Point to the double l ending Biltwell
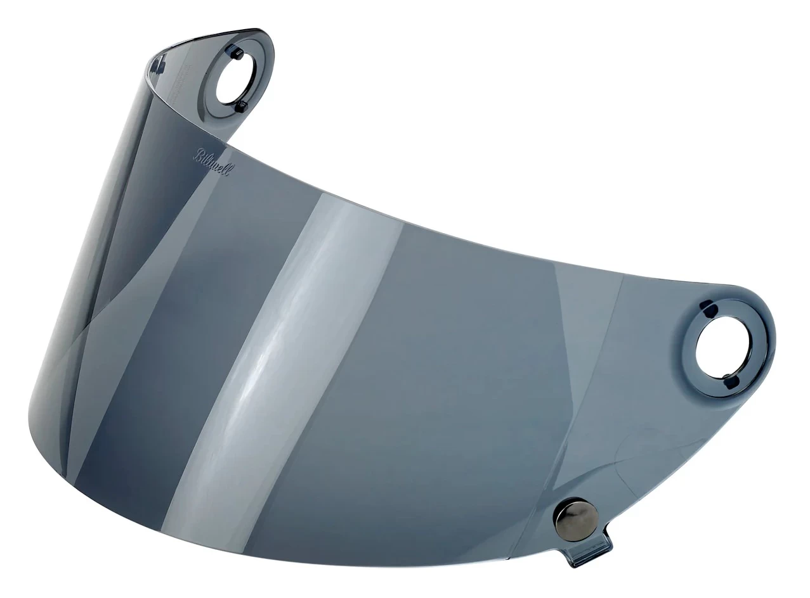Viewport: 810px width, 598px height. pos(225,170)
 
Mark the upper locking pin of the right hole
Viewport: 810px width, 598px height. pos(706,308)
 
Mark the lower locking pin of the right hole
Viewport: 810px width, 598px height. pos(728,381)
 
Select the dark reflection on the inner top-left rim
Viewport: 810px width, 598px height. pos(158,63)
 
